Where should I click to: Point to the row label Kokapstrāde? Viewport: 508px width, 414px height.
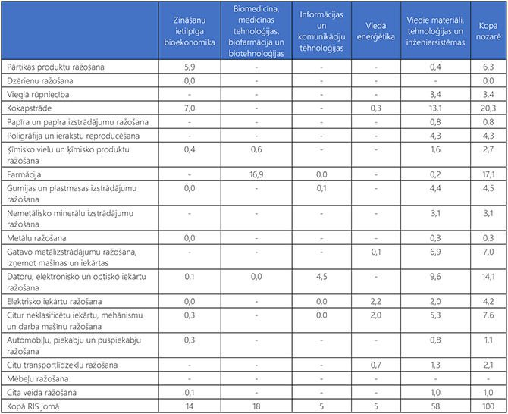[28, 108]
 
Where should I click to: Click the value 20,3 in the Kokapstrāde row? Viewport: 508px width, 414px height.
[488, 108]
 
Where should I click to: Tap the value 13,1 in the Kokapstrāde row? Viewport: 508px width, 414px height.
[435, 108]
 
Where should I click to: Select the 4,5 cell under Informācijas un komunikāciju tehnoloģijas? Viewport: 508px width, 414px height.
[321, 276]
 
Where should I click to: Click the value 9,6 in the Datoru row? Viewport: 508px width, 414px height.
[435, 276]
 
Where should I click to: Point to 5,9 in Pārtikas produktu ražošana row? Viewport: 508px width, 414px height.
[190, 67]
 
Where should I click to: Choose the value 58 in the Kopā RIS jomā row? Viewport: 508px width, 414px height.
[435, 406]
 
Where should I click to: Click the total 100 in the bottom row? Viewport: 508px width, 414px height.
[488, 406]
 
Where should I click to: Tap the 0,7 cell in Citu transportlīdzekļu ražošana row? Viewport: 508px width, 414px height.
[375, 365]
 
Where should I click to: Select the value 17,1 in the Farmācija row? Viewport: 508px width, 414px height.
[488, 175]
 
